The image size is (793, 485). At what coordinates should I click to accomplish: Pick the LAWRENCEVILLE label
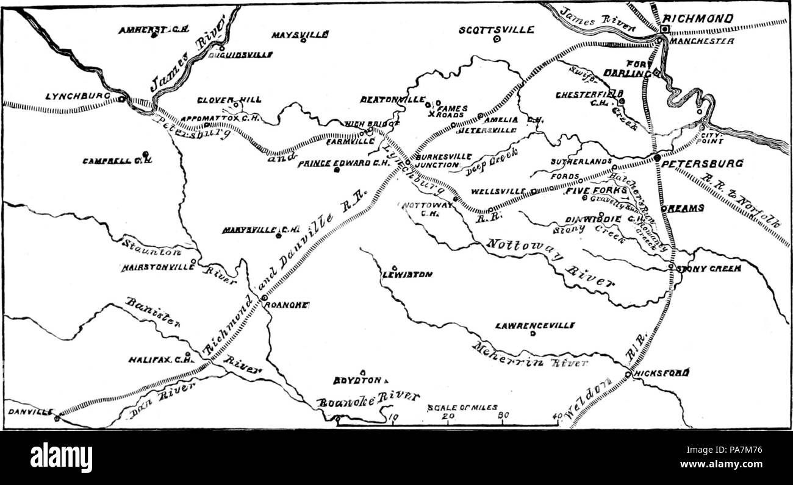(x=526, y=325)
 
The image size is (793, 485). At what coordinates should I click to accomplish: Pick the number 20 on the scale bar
(x=448, y=417)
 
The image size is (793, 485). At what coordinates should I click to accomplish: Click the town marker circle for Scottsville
(x=497, y=39)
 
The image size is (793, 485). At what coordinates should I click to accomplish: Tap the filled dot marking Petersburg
(x=656, y=158)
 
